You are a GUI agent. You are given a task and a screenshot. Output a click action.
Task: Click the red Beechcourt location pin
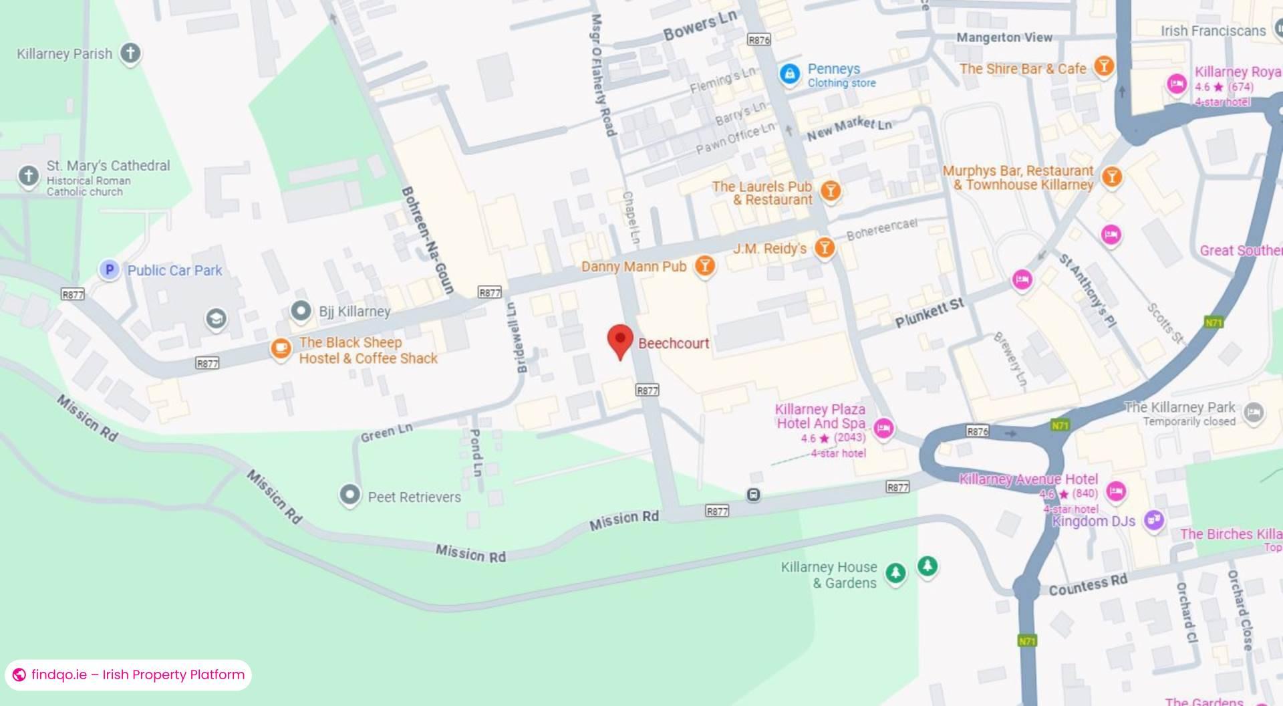coord(620,340)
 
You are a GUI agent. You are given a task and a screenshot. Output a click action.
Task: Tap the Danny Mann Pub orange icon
coord(704,265)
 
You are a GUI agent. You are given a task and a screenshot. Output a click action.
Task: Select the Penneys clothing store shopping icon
coord(789,74)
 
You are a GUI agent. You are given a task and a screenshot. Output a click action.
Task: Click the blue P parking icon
coord(109,269)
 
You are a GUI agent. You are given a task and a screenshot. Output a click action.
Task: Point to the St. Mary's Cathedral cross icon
coord(28,176)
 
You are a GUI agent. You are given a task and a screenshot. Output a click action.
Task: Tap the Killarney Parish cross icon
coord(130,53)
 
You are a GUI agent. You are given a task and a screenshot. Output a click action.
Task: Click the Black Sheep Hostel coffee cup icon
coord(280,348)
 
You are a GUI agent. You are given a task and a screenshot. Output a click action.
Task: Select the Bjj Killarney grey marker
coord(301,310)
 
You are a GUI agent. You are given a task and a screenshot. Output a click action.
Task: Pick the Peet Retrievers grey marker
coord(349,495)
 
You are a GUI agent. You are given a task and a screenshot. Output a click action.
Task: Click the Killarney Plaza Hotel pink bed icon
coord(883,428)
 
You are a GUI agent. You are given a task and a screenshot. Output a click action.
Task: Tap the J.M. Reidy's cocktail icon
coord(825,247)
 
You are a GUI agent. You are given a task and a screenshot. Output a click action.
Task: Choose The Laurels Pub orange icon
coord(830,191)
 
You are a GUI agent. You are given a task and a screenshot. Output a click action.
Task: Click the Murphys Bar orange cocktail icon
coord(1111,176)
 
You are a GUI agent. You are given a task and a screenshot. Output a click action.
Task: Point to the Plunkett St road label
coord(930,313)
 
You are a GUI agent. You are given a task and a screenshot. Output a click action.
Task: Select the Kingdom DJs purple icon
coord(1154,519)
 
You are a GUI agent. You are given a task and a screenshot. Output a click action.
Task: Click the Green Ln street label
coord(386,433)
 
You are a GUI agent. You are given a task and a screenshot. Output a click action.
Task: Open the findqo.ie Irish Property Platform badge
coord(128,675)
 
